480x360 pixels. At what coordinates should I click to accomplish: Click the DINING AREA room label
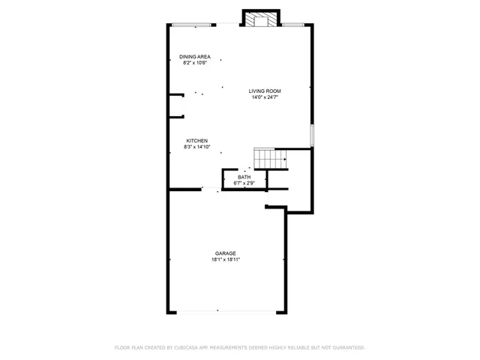point(194,57)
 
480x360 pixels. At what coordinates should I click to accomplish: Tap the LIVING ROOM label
point(265,91)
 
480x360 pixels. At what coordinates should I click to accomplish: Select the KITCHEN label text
point(197,140)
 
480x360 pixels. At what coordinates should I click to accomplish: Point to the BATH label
point(244,177)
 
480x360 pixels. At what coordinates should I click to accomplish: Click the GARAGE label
point(225,253)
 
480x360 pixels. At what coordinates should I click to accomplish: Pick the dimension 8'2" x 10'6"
point(194,63)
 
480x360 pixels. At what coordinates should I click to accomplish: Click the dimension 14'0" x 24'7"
point(265,97)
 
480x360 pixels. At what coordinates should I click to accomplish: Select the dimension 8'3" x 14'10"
point(197,147)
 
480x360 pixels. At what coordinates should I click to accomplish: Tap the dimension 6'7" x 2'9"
point(244,183)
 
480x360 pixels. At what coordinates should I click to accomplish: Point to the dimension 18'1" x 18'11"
point(225,260)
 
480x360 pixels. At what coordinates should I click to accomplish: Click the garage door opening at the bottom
point(217,311)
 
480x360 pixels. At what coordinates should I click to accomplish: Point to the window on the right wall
point(312,136)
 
